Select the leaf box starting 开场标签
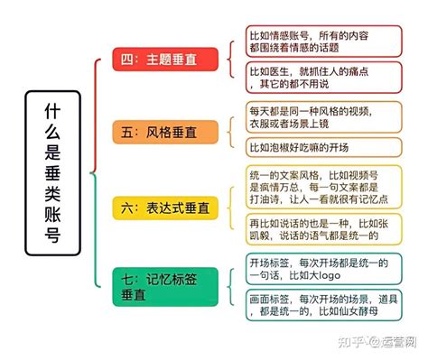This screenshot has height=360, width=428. pos(323,270)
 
